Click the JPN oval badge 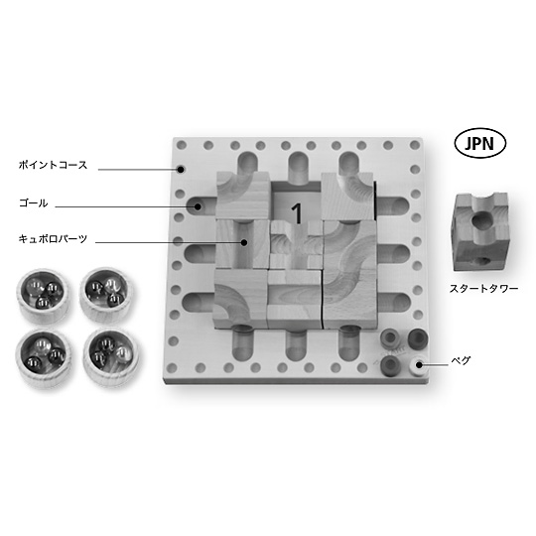pyautogui.click(x=479, y=144)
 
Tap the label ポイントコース pyautogui.click(x=54, y=165)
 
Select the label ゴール pyautogui.click(x=33, y=203)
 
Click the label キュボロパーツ pyautogui.click(x=53, y=238)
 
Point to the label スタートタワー pyautogui.click(x=483, y=289)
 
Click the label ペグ pyautogui.click(x=461, y=360)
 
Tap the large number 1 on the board pyautogui.click(x=297, y=213)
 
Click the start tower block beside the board pyautogui.click(x=480, y=231)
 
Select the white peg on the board pyautogui.click(x=419, y=365)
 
